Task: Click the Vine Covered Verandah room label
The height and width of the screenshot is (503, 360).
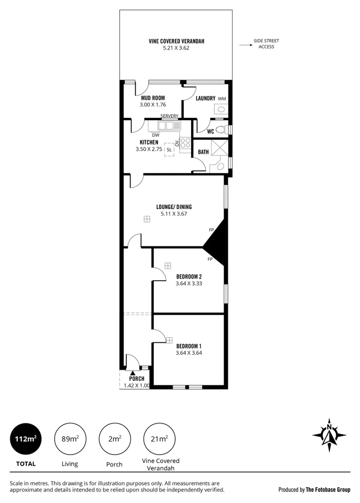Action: [x=176, y=41]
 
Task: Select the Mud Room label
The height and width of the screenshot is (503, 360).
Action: [x=153, y=98]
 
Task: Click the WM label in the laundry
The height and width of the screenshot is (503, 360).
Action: [x=222, y=98]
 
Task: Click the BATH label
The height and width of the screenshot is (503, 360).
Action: [x=203, y=152]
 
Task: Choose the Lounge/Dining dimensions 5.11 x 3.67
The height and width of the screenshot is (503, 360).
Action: [x=175, y=214]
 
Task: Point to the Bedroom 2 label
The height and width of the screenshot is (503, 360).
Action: [x=189, y=277]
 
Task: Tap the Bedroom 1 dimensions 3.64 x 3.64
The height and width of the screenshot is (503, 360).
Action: [x=189, y=353]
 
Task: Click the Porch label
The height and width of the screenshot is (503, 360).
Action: [x=137, y=379]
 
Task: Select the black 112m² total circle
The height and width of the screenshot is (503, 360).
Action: [x=26, y=439]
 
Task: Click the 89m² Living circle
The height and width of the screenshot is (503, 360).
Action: [x=70, y=439]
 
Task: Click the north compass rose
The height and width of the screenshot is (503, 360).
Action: [x=329, y=435]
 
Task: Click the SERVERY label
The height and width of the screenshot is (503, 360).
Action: [x=169, y=116]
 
